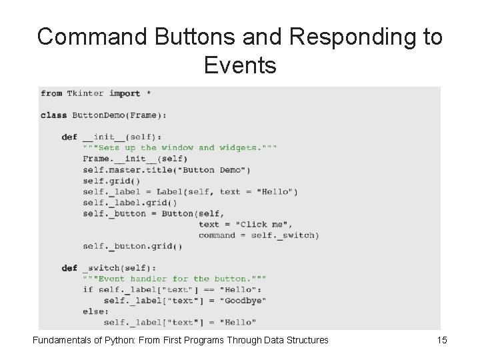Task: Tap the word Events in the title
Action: click(x=240, y=65)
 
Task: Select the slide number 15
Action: click(x=441, y=341)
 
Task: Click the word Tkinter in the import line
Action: click(x=86, y=93)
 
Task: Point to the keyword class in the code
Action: click(x=53, y=115)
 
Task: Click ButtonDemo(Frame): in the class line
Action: click(x=119, y=115)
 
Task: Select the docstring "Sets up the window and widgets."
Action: click(x=180, y=147)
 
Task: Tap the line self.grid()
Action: click(x=111, y=181)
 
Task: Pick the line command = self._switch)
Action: click(x=259, y=235)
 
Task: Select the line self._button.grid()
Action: click(x=133, y=246)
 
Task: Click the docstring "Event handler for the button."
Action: click(x=175, y=279)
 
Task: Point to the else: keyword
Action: click(x=96, y=311)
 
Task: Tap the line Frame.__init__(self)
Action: click(x=135, y=159)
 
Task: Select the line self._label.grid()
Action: click(x=130, y=203)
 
